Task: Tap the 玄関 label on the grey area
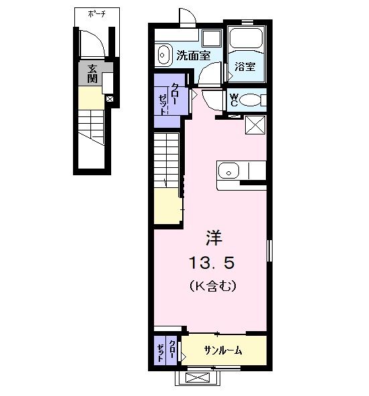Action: [x=91, y=73]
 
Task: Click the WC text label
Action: [x=234, y=99]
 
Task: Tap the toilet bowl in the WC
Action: [x=252, y=100]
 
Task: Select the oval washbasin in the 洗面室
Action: [x=163, y=54]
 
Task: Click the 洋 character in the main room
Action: [x=213, y=237]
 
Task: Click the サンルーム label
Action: [x=223, y=351]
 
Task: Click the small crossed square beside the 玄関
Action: [x=110, y=100]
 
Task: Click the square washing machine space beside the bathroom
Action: [x=212, y=37]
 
